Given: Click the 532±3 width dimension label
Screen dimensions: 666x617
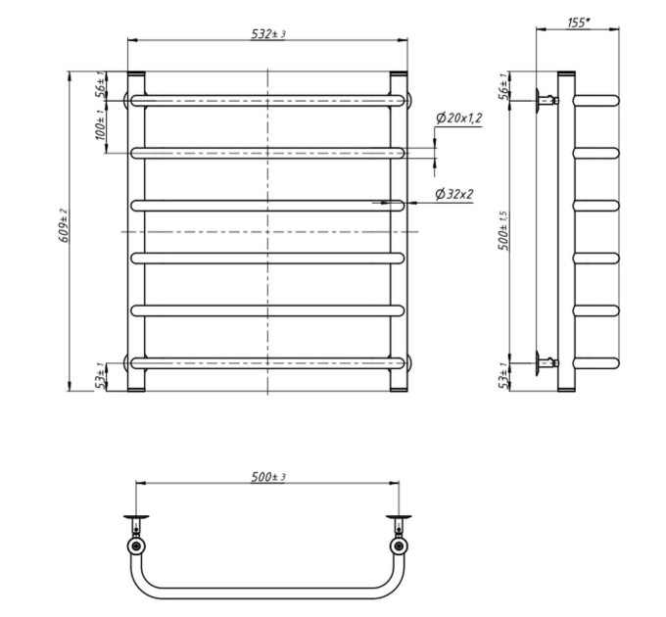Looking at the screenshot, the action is [268, 33].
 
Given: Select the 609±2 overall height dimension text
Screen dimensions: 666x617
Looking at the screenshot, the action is [64, 225].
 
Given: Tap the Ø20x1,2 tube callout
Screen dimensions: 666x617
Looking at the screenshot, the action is [459, 119].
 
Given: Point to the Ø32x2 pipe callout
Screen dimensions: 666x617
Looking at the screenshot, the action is [454, 194].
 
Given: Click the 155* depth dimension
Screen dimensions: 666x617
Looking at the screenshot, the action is [579, 23].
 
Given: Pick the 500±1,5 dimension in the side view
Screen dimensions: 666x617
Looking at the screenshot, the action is [503, 230].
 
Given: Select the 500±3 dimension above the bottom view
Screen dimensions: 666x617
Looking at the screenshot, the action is [268, 477].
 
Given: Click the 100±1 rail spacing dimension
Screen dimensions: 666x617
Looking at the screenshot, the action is [100, 124].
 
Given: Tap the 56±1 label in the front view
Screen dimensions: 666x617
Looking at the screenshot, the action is [100, 85].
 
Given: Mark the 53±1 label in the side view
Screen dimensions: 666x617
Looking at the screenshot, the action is [503, 376].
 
